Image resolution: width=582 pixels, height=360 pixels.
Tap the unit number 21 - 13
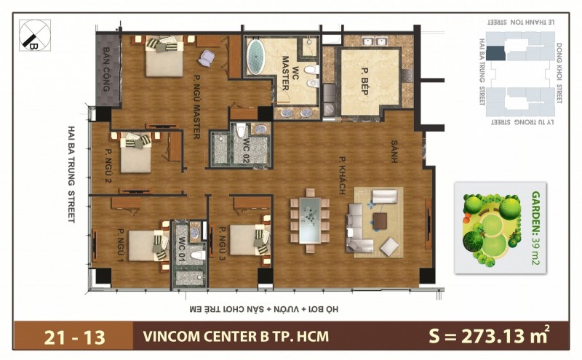tap(74, 337)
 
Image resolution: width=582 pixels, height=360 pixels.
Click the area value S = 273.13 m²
tap(487, 337)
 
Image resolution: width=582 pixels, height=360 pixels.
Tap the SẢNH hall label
tap(394, 152)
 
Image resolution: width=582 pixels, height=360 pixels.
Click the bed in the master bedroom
tap(165, 57)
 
